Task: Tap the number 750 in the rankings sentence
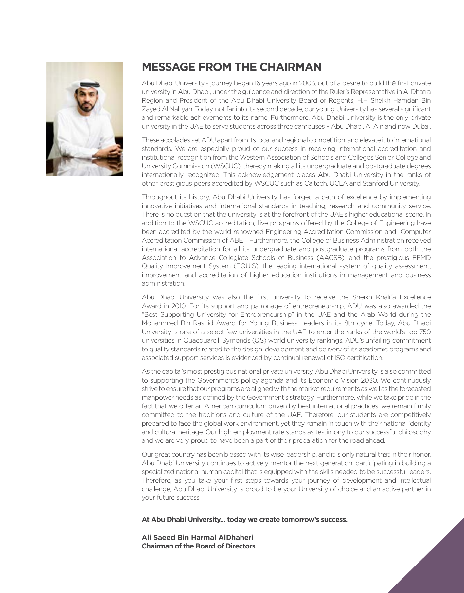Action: pos(425,332)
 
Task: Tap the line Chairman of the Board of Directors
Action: pos(198,546)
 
